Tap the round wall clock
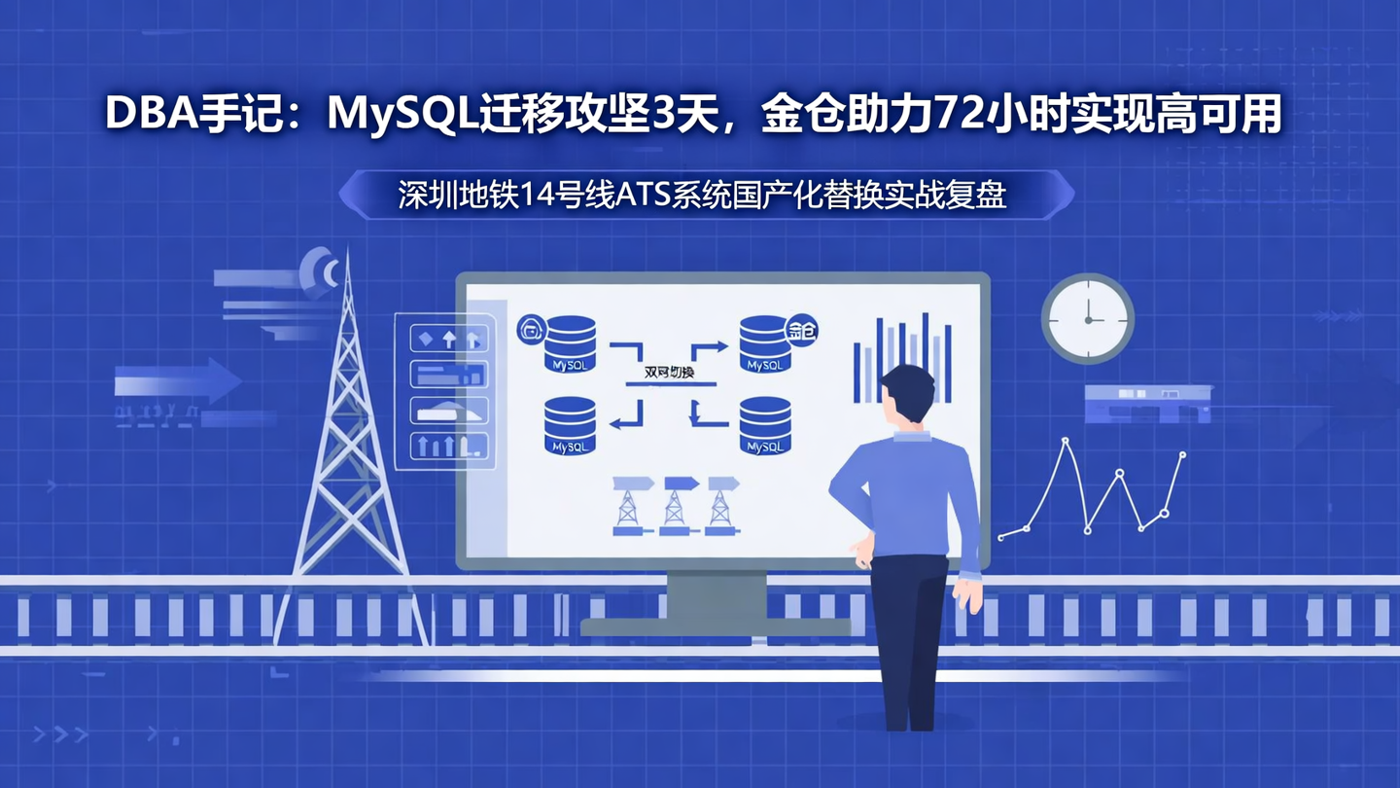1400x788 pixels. coord(1088,318)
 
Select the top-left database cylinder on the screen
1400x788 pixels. coord(571,343)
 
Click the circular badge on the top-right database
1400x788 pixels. coord(802,331)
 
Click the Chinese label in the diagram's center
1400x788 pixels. coord(670,372)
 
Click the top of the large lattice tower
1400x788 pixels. coord(345,263)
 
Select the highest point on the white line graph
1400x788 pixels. coord(1066,442)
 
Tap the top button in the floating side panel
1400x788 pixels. coord(448,339)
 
